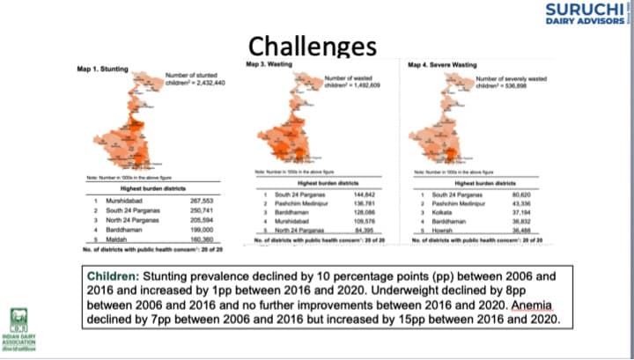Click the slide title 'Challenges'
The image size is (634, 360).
coord(312,46)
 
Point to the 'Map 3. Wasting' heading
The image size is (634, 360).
coord(269,64)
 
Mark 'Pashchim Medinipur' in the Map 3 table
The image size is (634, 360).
coord(298,202)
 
